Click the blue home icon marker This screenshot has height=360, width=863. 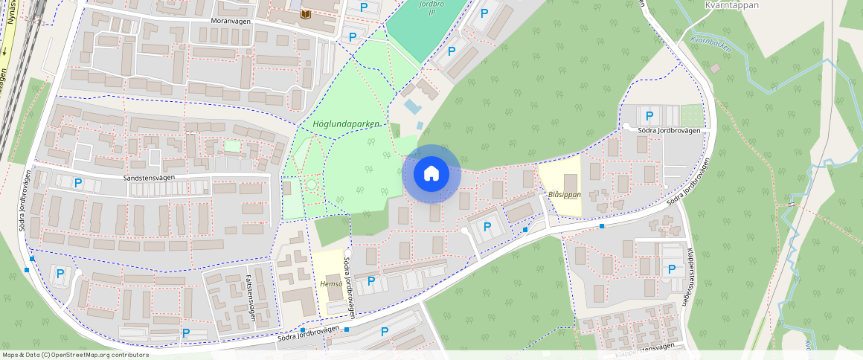tap(431, 174)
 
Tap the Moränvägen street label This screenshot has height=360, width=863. tap(230, 22)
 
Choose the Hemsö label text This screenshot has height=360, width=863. tap(330, 283)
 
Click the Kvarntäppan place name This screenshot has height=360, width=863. tap(731, 4)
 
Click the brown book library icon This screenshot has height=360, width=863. tap(305, 14)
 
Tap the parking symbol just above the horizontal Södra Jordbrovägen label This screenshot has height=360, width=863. tap(649, 116)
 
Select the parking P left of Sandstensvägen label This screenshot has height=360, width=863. tap(77, 182)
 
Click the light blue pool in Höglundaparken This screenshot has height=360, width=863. tap(410, 106)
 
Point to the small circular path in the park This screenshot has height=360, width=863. tap(311, 184)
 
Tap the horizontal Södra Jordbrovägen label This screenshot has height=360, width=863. tap(670, 130)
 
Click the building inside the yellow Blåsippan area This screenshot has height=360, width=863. tap(571, 181)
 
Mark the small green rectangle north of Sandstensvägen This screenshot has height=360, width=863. tap(233, 146)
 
